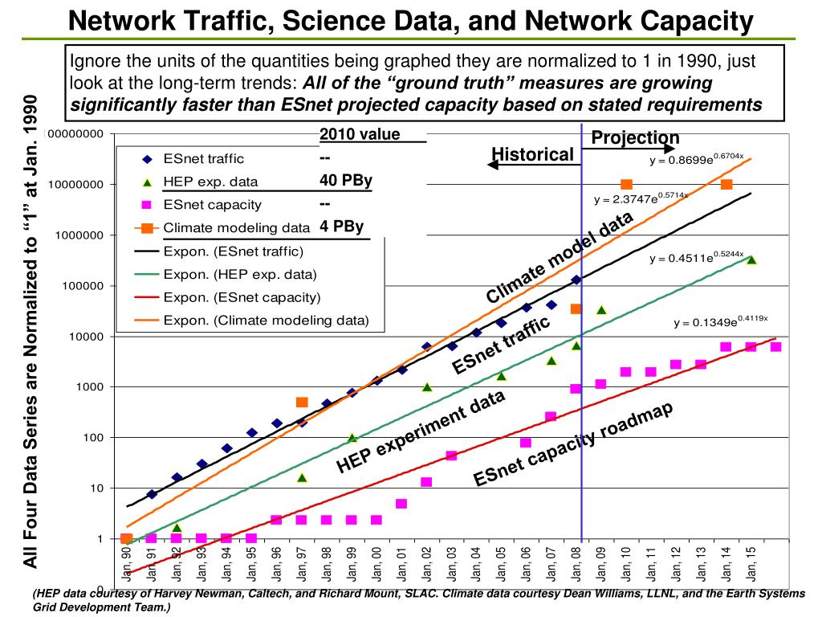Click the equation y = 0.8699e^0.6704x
point(697,159)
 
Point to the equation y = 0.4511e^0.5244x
point(697,257)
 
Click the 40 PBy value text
point(345,180)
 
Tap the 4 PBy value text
point(341,226)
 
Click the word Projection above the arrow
point(635,138)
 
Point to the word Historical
point(532,154)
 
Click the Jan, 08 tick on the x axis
point(576,566)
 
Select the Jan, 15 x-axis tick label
point(751,566)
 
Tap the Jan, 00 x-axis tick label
point(376,566)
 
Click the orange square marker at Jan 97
point(302,402)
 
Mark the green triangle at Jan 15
point(751,259)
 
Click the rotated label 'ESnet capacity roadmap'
point(572,443)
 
